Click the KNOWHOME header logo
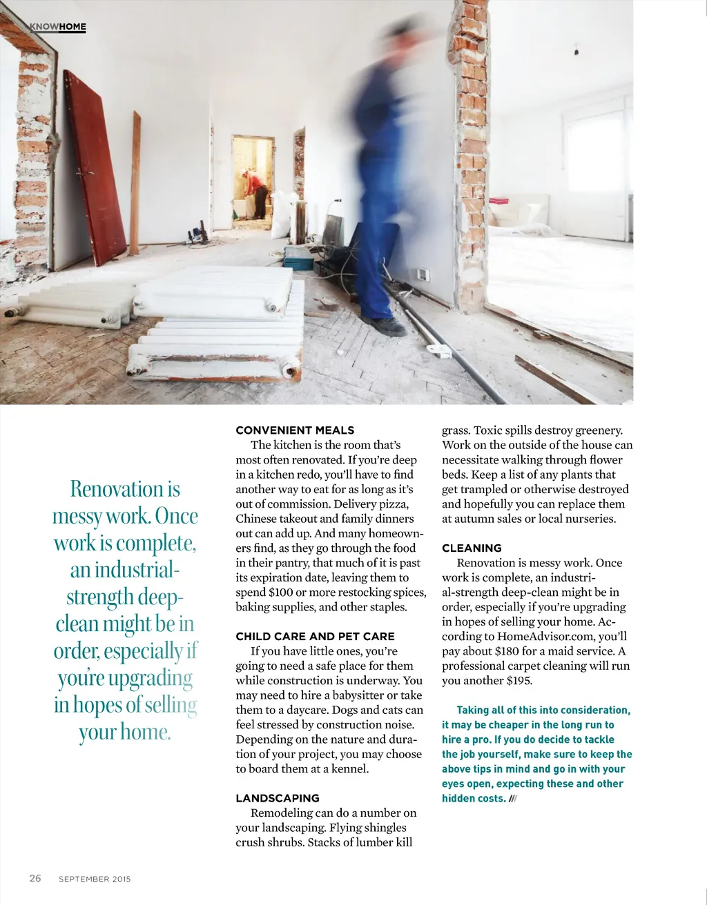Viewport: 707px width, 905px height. click(57, 27)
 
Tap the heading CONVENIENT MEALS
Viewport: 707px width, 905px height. click(295, 430)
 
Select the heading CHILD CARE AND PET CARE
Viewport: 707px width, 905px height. click(315, 637)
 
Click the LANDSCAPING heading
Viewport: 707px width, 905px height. click(278, 798)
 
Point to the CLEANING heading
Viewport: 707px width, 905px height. click(472, 548)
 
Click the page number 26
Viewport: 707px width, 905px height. click(35, 878)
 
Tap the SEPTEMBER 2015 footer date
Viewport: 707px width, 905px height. click(95, 879)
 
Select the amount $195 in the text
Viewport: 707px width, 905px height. click(519, 681)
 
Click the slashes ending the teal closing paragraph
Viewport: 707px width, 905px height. click(512, 799)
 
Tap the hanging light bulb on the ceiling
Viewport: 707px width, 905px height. click(576, 50)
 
